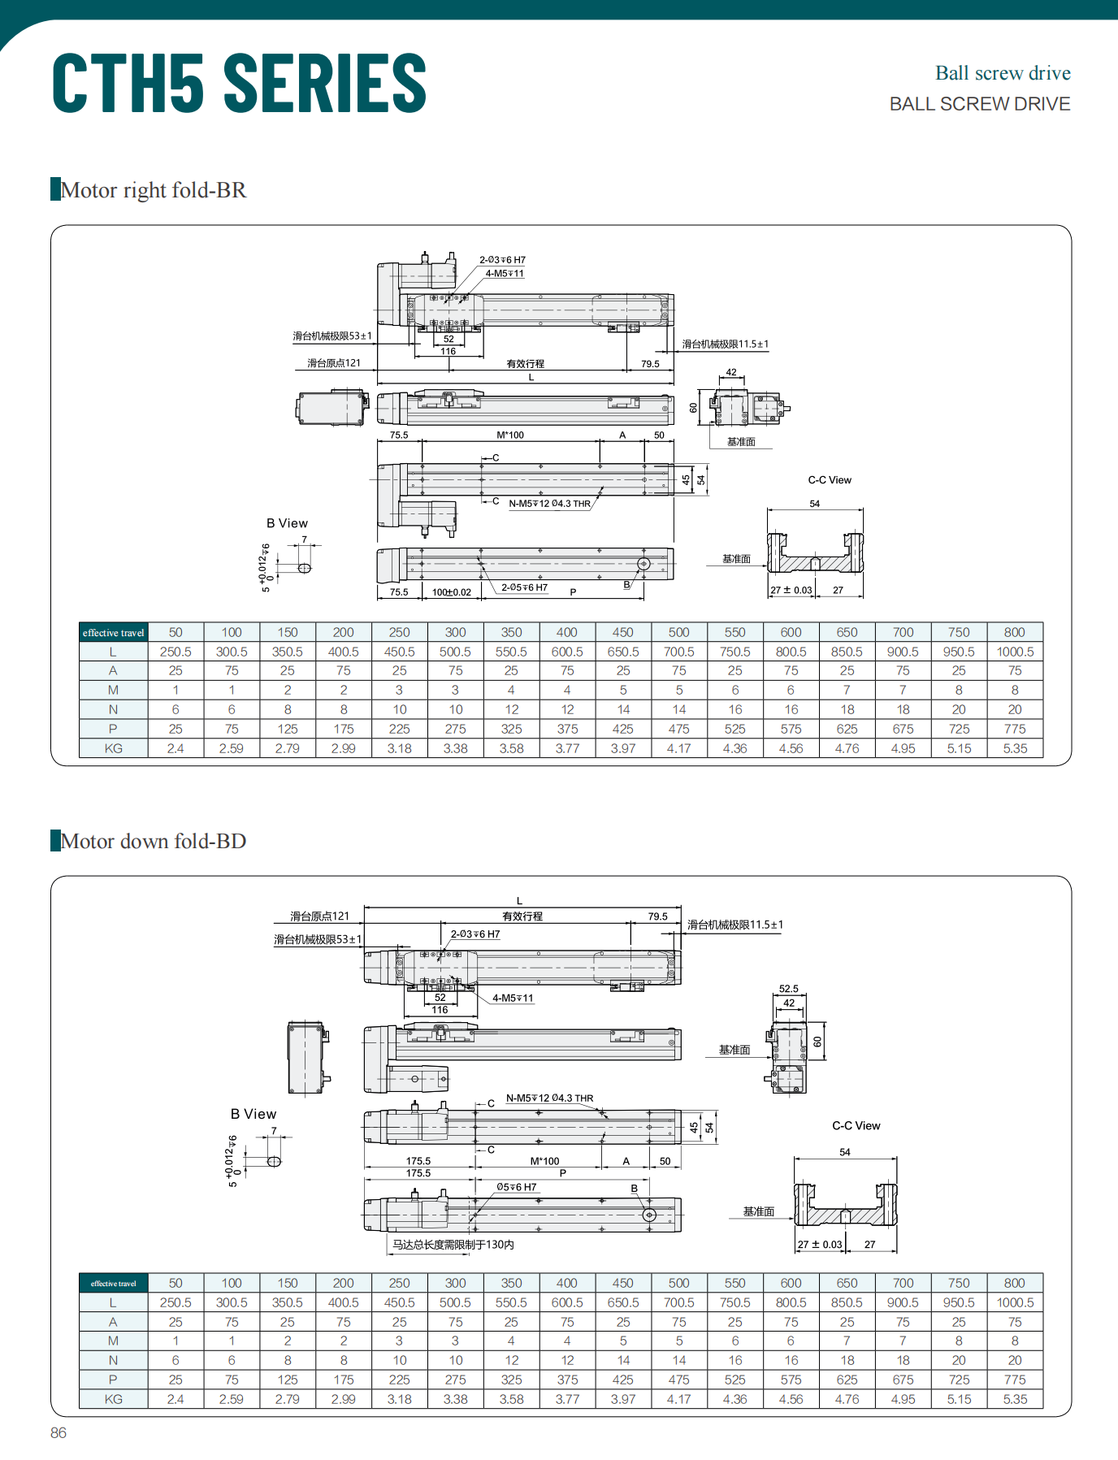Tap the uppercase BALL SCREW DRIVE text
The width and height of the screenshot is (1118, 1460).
(979, 104)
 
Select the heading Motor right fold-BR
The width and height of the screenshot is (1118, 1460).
(154, 190)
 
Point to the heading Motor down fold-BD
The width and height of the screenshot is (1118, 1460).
(154, 841)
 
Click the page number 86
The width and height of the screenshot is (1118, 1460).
(58, 1432)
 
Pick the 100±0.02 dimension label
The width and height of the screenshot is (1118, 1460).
(451, 592)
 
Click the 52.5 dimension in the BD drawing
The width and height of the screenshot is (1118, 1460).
(788, 989)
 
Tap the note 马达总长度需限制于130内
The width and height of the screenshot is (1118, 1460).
(453, 1244)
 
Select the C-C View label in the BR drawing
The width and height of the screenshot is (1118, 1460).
(830, 480)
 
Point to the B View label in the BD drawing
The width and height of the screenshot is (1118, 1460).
(253, 1114)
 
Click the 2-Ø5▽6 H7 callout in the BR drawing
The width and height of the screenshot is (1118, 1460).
(524, 587)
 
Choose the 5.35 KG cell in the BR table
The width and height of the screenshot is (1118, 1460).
(1015, 748)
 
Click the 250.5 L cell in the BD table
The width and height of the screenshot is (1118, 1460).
(175, 1302)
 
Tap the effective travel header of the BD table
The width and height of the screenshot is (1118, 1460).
(114, 1284)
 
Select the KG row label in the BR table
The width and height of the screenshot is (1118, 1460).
(114, 748)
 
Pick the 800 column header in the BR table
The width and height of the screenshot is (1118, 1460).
(1015, 632)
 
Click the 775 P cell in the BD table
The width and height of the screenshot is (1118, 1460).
(1015, 1380)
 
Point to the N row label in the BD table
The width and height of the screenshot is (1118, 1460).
(114, 1360)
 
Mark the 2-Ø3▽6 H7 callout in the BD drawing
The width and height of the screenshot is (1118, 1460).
(475, 934)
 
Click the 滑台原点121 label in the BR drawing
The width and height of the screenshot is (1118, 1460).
(334, 363)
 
